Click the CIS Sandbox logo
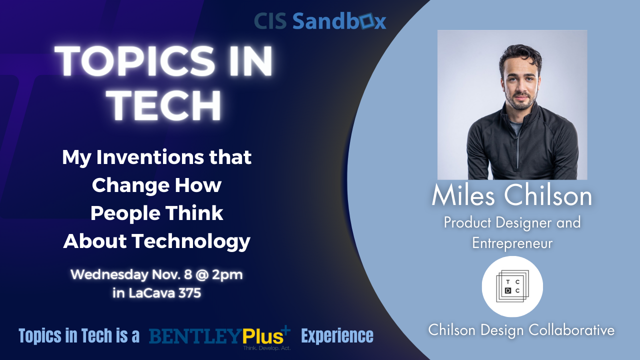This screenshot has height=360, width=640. click(320, 21)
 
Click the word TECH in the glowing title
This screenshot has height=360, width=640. click(165, 105)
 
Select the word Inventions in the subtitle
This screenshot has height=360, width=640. click(150, 157)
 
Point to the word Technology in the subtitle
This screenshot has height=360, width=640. click(191, 241)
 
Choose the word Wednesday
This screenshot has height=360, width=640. click(109, 275)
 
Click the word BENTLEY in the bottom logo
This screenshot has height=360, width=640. click(195, 336)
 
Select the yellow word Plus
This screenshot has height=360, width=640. click(263, 335)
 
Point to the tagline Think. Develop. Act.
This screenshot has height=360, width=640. click(266, 348)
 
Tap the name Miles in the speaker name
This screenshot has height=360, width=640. click(463, 195)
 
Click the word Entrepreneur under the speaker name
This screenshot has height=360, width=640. click(512, 243)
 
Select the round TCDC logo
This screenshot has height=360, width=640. click(512, 286)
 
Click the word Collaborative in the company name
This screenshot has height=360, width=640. click(571, 330)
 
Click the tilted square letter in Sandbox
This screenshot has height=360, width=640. click(367, 20)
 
